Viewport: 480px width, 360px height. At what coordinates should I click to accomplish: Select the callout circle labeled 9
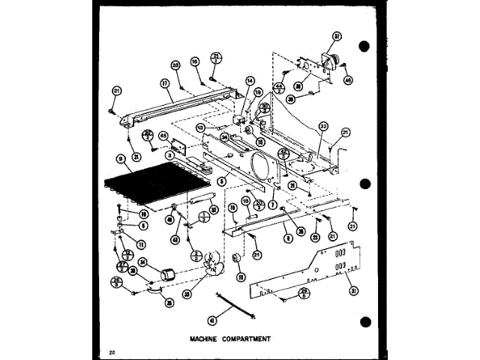pos(119,159)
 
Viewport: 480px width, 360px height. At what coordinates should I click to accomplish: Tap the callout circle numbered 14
pos(250,80)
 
